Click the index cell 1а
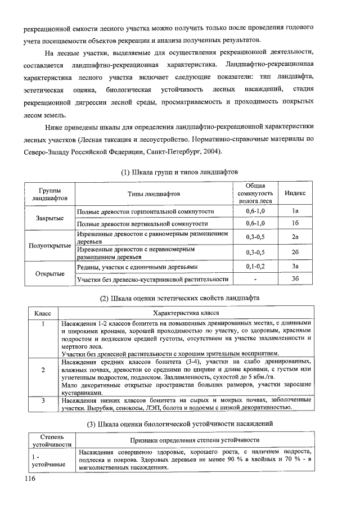(295, 211)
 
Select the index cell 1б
(295, 223)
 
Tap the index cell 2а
(295, 237)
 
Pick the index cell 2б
(295, 252)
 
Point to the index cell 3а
(295, 266)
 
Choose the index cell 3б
(295, 279)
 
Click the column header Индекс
(295, 193)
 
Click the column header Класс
(43, 313)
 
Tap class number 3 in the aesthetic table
(43, 400)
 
